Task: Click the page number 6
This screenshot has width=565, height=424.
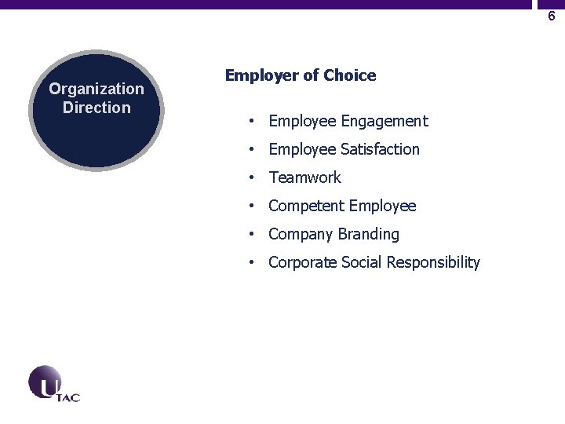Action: tap(551, 16)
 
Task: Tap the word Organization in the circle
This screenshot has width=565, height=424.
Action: tap(97, 90)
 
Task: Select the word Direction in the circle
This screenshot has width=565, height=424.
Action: tap(97, 108)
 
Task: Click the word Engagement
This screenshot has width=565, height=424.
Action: tap(385, 121)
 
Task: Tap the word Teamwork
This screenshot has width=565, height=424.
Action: tap(304, 177)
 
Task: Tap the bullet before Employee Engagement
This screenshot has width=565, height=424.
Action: tap(250, 122)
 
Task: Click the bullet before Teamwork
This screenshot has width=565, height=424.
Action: tap(250, 178)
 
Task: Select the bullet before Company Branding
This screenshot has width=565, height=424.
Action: tap(250, 235)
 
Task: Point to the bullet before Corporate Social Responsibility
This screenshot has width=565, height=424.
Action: tap(250, 263)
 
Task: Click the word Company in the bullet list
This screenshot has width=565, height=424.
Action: tap(300, 234)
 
